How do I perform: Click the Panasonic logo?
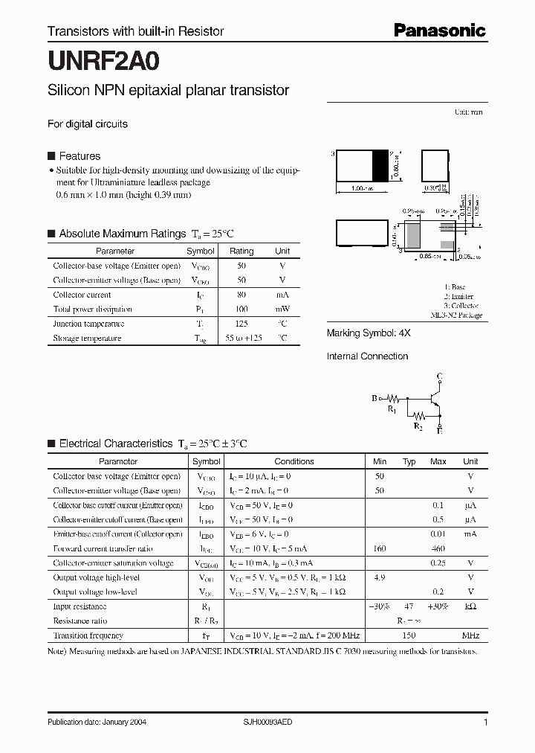439,31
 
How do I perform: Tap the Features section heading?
80,156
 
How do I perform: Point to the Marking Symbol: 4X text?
369,333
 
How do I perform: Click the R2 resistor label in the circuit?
418,426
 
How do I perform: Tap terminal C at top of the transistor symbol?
440,375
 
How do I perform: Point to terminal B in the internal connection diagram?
374,399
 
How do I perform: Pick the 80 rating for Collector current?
241,295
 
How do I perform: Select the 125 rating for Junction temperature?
241,324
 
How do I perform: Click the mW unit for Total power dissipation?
282,309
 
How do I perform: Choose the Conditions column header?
294,461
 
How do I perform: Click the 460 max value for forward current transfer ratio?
438,548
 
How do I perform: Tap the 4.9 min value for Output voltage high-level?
380,577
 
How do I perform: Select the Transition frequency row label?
88,635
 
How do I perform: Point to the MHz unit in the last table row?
470,635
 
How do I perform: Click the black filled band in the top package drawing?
380,164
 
